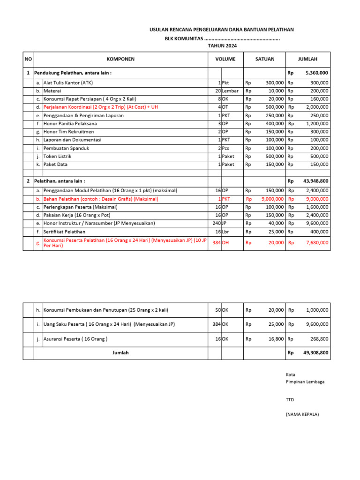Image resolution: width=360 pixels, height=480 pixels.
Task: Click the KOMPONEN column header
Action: (120, 59)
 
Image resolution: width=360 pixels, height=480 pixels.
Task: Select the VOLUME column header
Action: (225, 59)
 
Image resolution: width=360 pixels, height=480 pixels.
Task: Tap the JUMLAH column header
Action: (307, 59)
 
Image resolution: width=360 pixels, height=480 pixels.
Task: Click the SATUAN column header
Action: (265, 59)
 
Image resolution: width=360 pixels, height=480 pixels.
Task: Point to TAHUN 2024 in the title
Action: (222, 46)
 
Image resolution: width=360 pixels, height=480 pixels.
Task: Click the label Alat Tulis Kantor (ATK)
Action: (68, 83)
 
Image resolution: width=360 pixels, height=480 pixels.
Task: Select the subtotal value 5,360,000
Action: (317, 73)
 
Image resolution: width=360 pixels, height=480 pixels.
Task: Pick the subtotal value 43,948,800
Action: (316, 181)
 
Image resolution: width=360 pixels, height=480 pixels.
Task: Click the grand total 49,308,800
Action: (316, 352)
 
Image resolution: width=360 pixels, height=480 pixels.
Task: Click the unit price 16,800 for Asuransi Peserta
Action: (275, 339)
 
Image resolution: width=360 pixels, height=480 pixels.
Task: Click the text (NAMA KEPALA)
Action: (302, 415)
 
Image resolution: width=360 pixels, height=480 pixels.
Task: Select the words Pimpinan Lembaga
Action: (305, 382)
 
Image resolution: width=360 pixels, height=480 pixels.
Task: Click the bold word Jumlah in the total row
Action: (120, 352)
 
